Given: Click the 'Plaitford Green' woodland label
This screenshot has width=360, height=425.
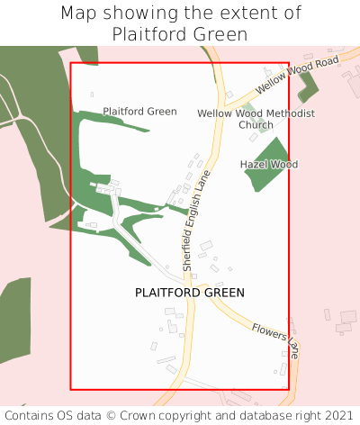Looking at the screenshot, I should tap(139, 112).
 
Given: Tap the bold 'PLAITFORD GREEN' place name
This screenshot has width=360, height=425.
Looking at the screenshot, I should tap(190, 293).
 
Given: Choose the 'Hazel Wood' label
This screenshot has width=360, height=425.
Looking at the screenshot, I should tap(269, 165).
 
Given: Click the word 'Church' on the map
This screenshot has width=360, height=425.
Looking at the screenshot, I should tap(256, 125).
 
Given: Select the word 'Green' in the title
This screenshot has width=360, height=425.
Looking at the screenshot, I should tap(220, 34).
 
